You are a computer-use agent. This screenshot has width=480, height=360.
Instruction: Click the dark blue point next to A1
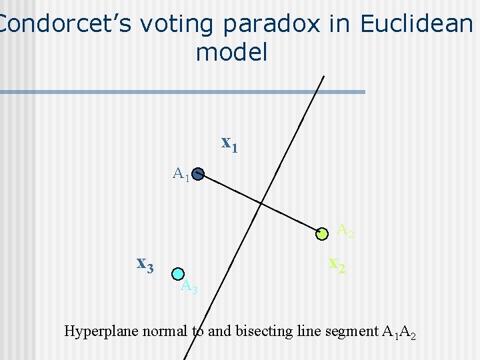197,175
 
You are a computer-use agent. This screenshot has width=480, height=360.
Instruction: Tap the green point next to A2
323,233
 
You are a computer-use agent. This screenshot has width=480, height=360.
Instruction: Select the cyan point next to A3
177,273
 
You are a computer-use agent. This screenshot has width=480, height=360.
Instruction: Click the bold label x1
229,143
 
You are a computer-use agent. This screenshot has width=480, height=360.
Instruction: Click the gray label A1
181,175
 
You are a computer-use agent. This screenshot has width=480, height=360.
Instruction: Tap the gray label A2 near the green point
345,231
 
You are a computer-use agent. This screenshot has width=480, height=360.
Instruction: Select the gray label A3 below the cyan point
189,287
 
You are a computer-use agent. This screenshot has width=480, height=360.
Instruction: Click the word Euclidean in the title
415,24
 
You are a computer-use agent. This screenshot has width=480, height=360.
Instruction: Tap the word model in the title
231,53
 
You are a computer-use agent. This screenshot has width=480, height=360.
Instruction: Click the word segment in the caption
353,331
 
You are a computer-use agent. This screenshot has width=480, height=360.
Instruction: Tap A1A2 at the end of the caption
399,331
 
